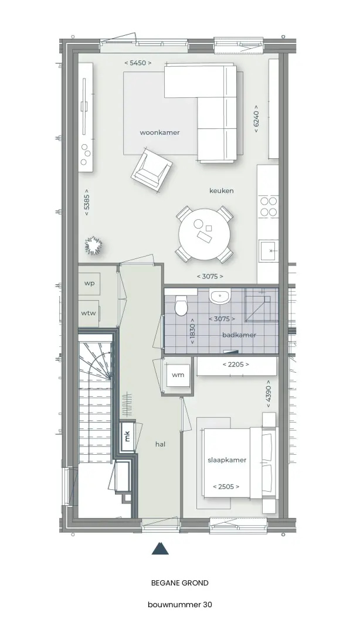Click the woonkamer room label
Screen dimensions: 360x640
(159, 132)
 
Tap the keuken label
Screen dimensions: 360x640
(222, 190)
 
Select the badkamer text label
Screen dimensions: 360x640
(239, 335)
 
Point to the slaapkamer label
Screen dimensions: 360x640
(227, 460)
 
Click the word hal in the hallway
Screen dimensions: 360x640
(161, 444)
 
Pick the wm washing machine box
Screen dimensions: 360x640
(178, 375)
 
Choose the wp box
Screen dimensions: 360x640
(89, 283)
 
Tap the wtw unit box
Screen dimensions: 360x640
(89, 314)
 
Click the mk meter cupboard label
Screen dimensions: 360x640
(127, 436)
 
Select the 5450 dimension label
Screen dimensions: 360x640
(138, 63)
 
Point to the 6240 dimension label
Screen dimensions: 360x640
(256, 119)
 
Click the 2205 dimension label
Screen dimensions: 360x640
(236, 364)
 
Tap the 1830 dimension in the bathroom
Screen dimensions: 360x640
(192, 331)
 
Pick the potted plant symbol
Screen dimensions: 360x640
(93, 246)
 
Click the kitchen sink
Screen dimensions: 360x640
(268, 250)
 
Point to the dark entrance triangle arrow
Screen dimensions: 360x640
(161, 548)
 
